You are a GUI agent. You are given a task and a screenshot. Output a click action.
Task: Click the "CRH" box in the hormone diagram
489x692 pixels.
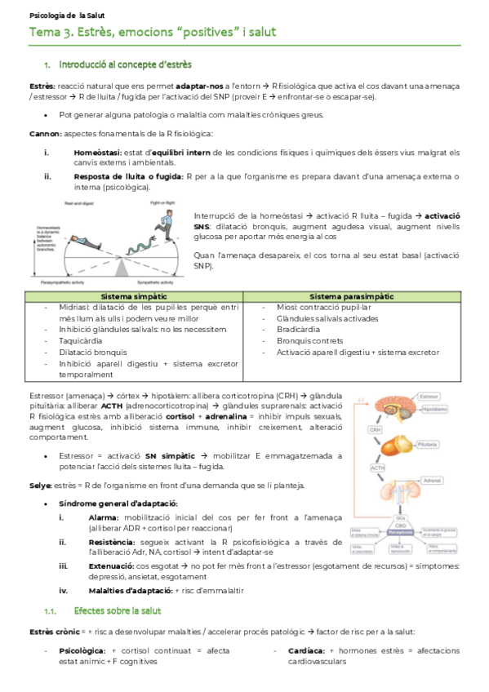pyautogui.click(x=376, y=429)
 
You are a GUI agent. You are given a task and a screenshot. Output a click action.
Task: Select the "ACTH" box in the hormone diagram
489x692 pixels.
pyautogui.click(x=377, y=468)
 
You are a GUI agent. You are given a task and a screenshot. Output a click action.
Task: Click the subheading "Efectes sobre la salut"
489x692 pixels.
pyautogui.click(x=117, y=610)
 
